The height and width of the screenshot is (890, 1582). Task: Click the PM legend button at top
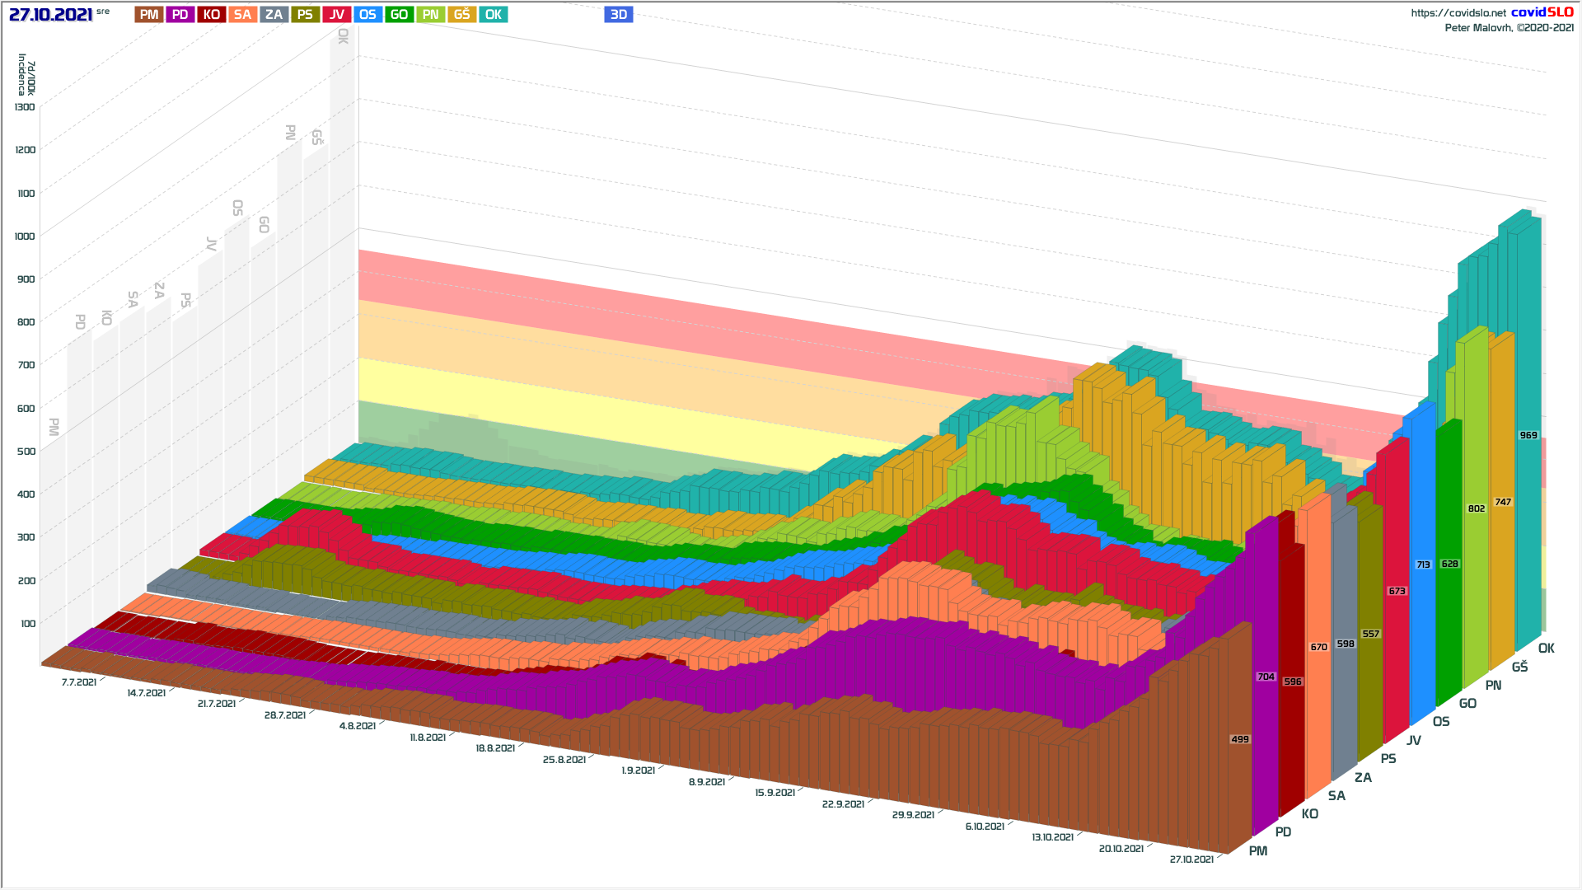pos(149,15)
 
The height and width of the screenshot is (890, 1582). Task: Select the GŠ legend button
pos(462,15)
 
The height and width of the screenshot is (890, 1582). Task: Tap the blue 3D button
pos(619,15)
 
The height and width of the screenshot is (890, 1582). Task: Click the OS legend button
pos(368,15)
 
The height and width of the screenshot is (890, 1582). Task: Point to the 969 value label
pos(1528,435)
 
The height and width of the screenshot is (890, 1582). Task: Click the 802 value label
pos(1477,508)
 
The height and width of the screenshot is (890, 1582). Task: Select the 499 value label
pos(1240,739)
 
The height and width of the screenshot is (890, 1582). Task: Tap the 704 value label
pos(1266,677)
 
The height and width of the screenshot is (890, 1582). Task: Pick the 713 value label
pos(1424,564)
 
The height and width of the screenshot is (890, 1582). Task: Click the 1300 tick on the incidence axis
pos(25,107)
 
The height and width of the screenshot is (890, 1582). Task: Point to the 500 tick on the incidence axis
pos(26,452)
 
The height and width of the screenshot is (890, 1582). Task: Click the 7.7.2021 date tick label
pos(79,682)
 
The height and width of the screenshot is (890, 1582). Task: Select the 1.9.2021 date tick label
pos(639,771)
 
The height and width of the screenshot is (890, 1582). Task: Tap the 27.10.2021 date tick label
pos(1191,860)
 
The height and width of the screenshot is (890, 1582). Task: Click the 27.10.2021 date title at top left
pos(51,15)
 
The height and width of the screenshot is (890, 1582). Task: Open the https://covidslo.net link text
pos(1458,13)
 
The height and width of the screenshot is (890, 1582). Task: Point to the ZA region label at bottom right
pos(1364,778)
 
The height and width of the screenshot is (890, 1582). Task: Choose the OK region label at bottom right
pos(1547,649)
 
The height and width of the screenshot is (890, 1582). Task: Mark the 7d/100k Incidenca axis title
pos(26,75)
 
